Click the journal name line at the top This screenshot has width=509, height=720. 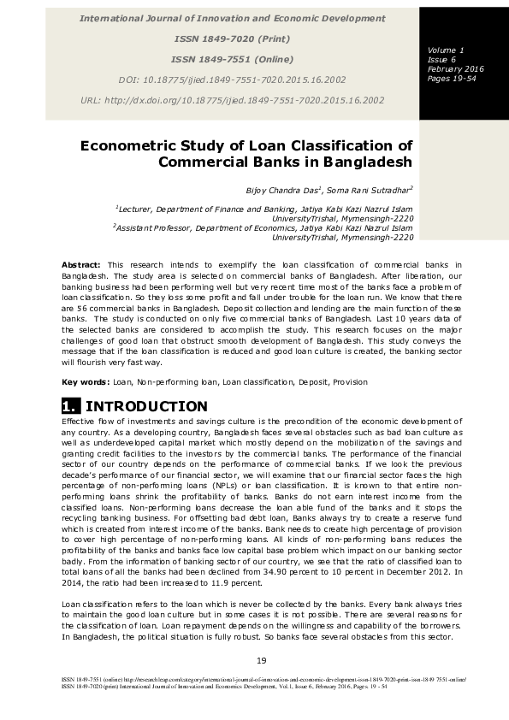tap(232, 18)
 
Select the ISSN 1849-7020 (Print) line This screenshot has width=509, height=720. tap(232, 38)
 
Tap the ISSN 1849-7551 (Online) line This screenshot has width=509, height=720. tap(232, 59)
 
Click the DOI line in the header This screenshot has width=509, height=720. tap(232, 80)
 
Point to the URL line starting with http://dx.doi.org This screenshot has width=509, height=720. tap(232, 100)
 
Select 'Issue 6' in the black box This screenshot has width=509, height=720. tap(441, 60)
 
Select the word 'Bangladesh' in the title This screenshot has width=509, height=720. tap(366, 162)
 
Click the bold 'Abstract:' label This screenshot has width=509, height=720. tap(81, 266)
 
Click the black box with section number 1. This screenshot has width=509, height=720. tap(71, 406)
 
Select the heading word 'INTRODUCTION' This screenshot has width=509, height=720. tap(146, 406)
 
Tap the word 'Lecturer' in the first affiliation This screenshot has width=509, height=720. tap(136, 209)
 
